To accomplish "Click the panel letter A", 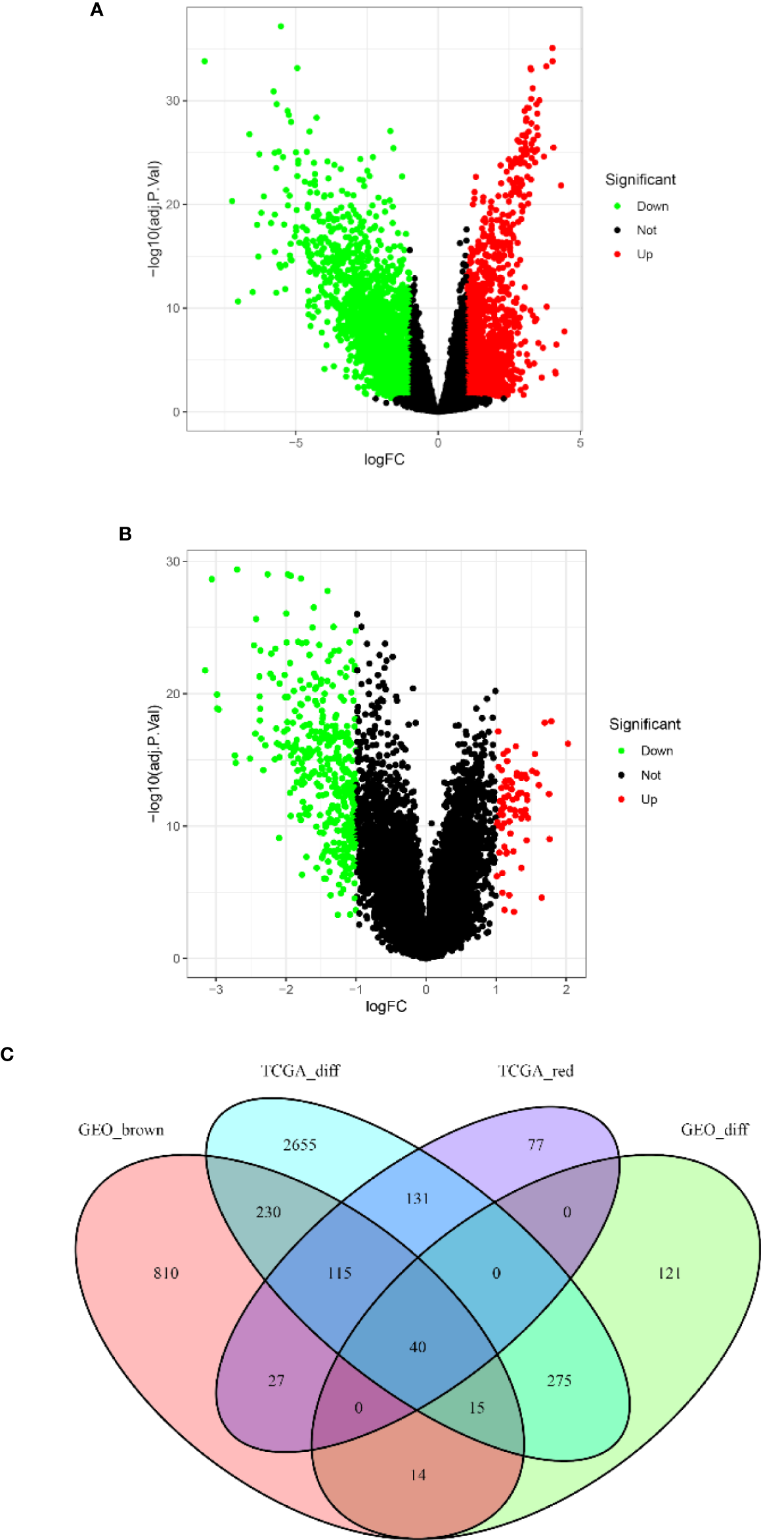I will click(x=97, y=10).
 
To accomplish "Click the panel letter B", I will click(x=125, y=534).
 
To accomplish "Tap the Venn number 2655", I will click(x=299, y=1145).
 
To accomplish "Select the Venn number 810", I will click(x=165, y=1273).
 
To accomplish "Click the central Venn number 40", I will click(x=418, y=1347).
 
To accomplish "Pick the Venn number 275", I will click(x=559, y=1380).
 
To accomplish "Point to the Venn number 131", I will click(x=417, y=1199).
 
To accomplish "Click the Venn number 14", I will click(x=418, y=1475).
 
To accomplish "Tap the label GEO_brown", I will click(x=121, y=1130).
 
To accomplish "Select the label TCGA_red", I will click(x=535, y=1071).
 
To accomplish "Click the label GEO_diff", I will click(x=714, y=1130).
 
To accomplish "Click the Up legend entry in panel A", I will click(x=644, y=254).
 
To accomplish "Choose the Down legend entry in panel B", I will click(x=657, y=751).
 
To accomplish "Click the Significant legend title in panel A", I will click(x=640, y=179).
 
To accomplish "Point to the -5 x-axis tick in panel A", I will click(x=295, y=443).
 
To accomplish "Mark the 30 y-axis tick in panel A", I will click(x=172, y=100).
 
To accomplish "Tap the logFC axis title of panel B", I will click(x=385, y=1006).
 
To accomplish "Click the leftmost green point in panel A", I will click(x=205, y=61).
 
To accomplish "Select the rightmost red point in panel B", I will click(x=568, y=743).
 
